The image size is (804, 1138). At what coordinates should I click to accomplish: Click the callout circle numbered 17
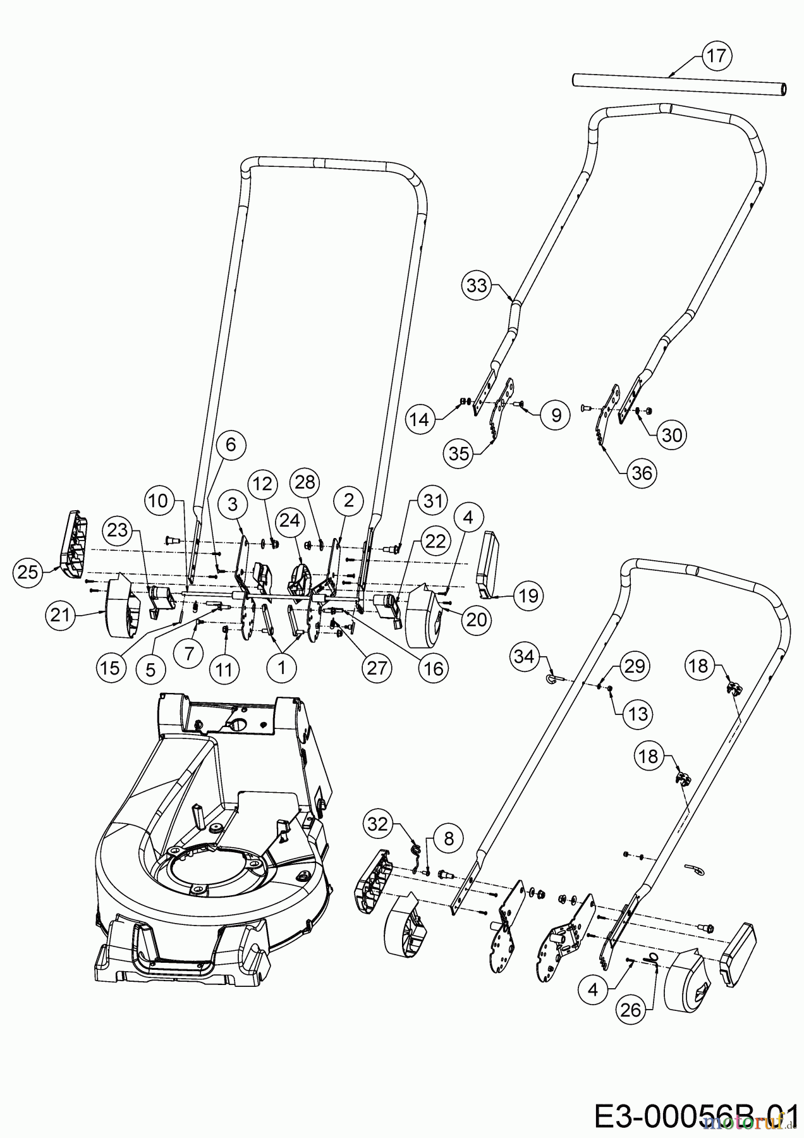point(716,56)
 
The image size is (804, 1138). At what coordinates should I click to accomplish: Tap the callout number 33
point(477,285)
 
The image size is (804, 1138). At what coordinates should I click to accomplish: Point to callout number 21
point(60,614)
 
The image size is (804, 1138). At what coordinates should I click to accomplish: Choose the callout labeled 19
point(528,596)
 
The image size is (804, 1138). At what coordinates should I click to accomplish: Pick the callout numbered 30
point(671,435)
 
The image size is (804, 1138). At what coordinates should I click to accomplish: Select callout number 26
point(631,1010)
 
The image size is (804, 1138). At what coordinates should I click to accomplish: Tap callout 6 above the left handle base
point(230,444)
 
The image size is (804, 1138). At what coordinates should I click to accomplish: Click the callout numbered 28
point(305,482)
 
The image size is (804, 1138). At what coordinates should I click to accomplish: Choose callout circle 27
point(377,668)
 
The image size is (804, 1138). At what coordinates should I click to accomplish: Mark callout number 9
point(556,415)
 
